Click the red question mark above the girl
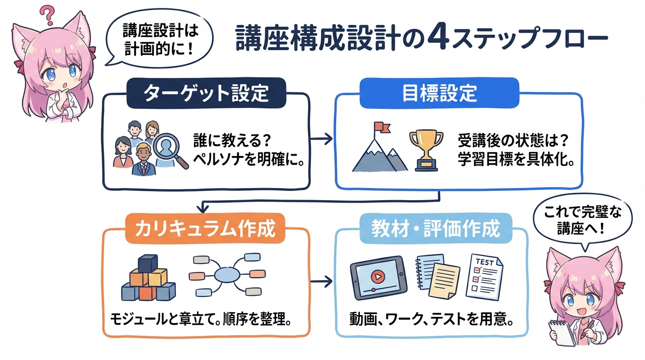click(x=47, y=15)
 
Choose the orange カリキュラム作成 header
click(x=205, y=229)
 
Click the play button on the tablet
click(x=375, y=277)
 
